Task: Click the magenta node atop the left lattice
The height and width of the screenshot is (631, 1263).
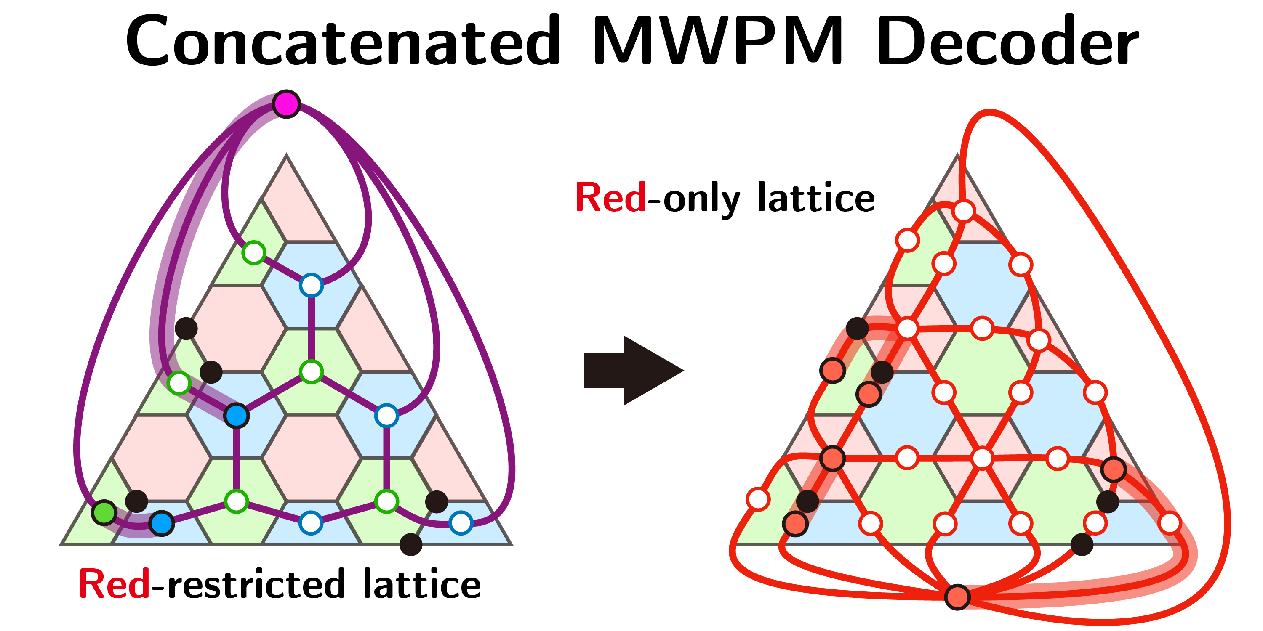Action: click(x=286, y=104)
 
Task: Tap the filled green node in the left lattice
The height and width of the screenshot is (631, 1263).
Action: click(x=104, y=512)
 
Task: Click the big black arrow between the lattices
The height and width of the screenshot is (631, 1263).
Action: click(x=632, y=370)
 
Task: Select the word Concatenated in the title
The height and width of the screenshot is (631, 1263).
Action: click(x=343, y=41)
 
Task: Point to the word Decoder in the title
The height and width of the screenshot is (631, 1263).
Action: click(x=1007, y=41)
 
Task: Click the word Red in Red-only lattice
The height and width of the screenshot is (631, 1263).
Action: click(x=610, y=197)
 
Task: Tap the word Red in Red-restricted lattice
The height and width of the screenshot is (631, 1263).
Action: click(x=114, y=584)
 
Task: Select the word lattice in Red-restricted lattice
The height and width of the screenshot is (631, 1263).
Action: click(x=422, y=584)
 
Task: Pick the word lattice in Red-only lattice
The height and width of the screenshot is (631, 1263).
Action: click(x=816, y=197)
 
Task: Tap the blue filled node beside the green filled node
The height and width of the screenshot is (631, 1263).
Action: click(x=162, y=523)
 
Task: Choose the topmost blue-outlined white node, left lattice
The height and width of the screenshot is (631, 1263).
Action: click(x=312, y=285)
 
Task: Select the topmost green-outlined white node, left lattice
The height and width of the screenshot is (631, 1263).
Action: click(x=254, y=253)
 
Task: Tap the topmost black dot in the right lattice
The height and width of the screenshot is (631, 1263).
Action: click(x=858, y=328)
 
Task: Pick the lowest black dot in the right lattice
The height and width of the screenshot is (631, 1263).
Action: click(x=1082, y=544)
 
